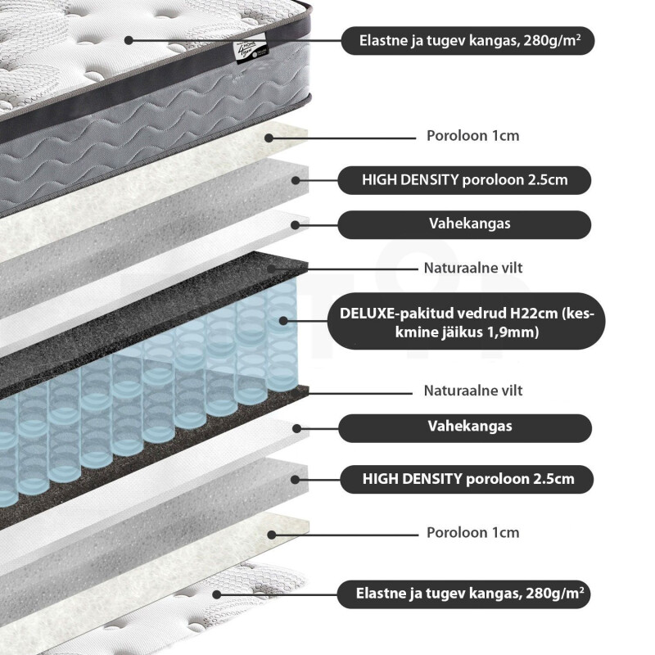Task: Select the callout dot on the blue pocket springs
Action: (x=283, y=321)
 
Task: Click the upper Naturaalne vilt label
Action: (x=473, y=269)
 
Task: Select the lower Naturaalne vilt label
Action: (x=473, y=391)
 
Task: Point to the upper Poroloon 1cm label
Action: (x=473, y=136)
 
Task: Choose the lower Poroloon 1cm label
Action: (x=473, y=533)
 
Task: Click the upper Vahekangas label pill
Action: (x=464, y=224)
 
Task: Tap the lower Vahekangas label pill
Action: (x=465, y=427)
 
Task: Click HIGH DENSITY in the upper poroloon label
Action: (x=410, y=180)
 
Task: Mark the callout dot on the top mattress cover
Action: (x=129, y=40)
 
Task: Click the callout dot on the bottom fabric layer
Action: (x=216, y=594)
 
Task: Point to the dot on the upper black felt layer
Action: (x=271, y=269)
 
